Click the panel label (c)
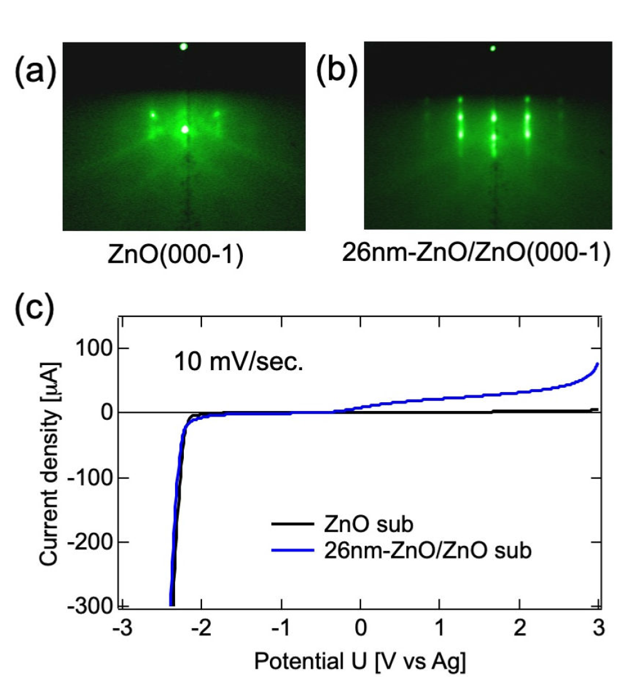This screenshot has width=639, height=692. click(35, 309)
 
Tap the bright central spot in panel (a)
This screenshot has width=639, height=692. click(185, 129)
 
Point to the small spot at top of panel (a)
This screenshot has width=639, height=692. click(184, 46)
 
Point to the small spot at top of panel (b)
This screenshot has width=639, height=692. click(493, 48)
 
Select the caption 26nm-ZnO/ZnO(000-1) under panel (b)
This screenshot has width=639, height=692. click(476, 253)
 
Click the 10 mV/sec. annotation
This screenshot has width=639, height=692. click(239, 362)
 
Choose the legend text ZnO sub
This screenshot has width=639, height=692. click(368, 524)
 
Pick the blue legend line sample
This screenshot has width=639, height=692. click(293, 550)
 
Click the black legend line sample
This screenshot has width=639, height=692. click(293, 524)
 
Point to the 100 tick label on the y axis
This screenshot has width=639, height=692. click(95, 348)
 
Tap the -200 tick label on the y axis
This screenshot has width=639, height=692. click(90, 541)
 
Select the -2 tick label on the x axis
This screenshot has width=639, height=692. click(201, 627)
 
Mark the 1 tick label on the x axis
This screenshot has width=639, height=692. click(440, 627)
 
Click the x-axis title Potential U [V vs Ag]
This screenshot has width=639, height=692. click(360, 661)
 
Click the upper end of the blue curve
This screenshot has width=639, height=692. click(598, 364)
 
